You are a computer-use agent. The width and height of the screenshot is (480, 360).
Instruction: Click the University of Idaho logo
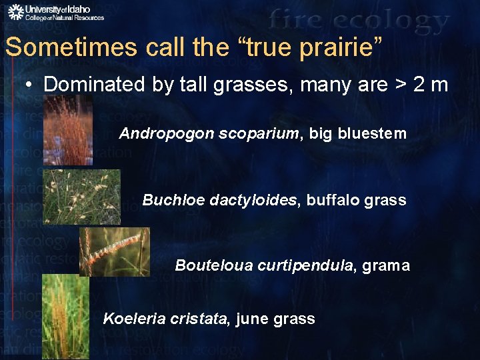[56, 12]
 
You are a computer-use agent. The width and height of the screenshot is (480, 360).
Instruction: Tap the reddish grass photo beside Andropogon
[68, 129]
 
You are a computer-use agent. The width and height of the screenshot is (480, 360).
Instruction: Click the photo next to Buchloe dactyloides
[82, 196]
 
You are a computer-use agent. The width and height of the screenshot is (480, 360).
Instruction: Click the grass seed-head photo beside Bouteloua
[115, 251]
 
